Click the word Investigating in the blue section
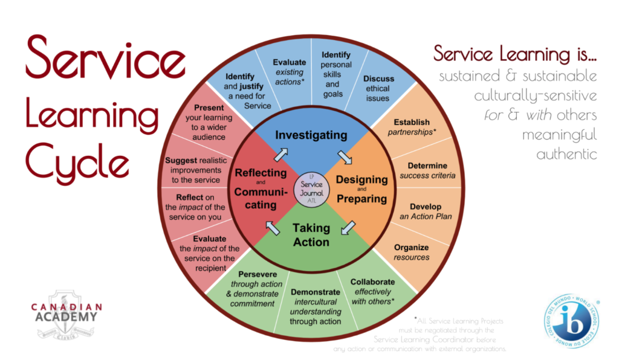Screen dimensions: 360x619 (311, 135)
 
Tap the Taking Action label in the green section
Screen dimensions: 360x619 (311, 235)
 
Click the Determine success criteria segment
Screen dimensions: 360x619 (427, 170)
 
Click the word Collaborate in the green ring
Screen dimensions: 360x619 (372, 281)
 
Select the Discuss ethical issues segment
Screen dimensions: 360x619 (378, 83)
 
